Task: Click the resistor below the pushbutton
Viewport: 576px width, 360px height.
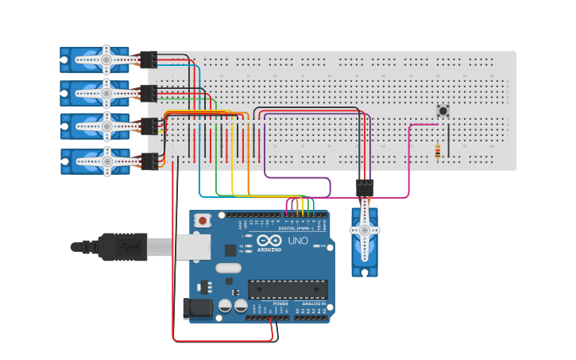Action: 438,150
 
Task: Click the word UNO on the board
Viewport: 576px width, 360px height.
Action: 297,241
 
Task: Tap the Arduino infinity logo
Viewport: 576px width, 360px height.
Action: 269,241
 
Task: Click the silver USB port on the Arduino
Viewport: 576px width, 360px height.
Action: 191,247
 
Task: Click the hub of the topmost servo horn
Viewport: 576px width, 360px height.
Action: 106,59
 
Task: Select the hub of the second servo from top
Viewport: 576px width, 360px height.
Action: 106,93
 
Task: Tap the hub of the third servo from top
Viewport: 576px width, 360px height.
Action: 106,126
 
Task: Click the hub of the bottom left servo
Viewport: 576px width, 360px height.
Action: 106,161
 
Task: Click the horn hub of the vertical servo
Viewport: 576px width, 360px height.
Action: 365,230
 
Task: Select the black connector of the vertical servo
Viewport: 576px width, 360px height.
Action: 365,188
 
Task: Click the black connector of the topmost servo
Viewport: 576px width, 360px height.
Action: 148,59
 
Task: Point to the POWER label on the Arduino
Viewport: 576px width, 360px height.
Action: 280,303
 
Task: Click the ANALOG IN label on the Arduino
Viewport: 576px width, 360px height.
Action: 312,303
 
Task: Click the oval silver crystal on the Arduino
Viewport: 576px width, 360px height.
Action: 228,268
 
